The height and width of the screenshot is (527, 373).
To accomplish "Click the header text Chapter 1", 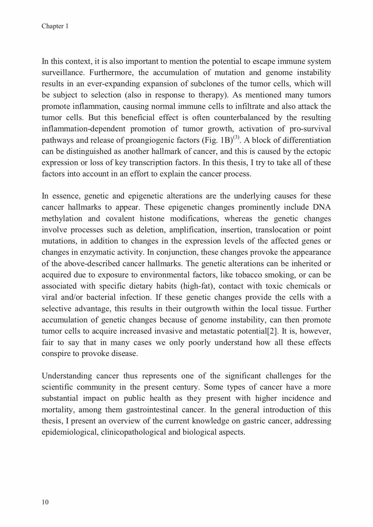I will tap(55, 26).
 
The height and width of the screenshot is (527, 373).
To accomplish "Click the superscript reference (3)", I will tap(236, 138).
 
